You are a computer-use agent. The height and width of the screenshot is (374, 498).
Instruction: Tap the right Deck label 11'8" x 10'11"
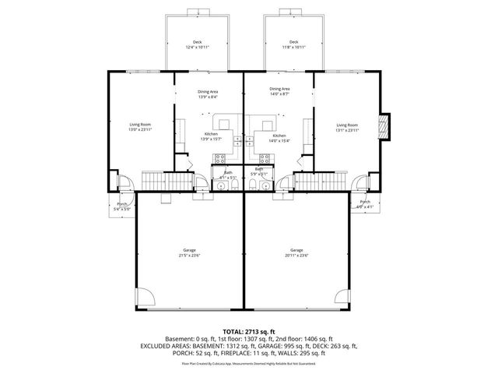(293, 45)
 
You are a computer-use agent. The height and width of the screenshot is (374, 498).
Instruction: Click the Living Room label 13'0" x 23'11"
(140, 128)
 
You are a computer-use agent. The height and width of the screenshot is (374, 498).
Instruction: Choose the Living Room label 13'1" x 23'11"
(347, 128)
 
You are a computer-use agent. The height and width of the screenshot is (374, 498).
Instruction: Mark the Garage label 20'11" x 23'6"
(296, 253)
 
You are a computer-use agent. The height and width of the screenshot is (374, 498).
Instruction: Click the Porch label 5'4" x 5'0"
(122, 206)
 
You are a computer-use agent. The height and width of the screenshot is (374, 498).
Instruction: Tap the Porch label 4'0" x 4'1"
(366, 204)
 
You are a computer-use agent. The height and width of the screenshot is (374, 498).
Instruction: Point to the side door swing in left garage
(144, 295)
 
